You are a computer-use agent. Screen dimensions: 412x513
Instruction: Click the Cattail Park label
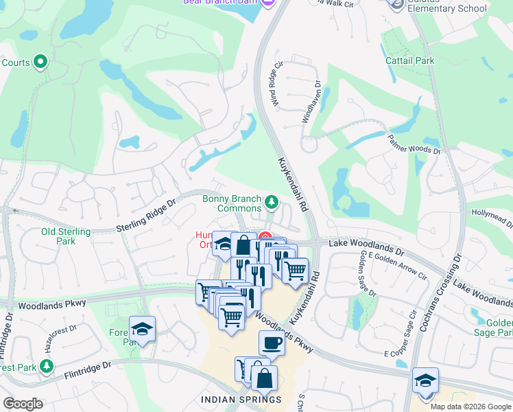pos(409,60)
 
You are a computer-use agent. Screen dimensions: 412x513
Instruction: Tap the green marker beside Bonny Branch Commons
pos(272,202)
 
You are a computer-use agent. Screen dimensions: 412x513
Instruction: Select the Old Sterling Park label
pos(66,236)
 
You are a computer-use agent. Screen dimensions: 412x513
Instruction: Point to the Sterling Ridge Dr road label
pos(146,215)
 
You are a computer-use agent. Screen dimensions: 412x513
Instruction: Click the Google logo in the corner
pos(23,404)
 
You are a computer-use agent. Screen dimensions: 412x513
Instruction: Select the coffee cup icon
pos(272,343)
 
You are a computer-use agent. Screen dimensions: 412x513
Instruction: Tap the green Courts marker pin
pos(40,62)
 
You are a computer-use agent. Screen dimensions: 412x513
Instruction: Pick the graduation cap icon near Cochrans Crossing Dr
pos(425,381)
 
